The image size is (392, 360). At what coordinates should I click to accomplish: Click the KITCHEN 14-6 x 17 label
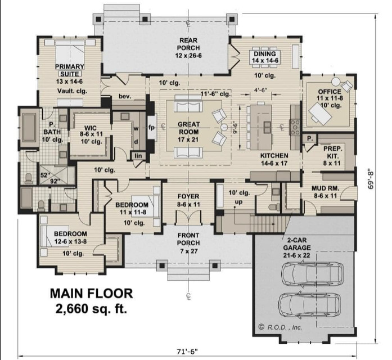point(274,159)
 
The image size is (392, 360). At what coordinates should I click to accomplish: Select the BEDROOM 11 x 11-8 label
point(132,209)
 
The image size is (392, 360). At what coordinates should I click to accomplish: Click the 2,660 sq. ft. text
point(91,308)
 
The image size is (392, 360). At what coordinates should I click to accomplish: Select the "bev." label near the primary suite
point(124,96)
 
